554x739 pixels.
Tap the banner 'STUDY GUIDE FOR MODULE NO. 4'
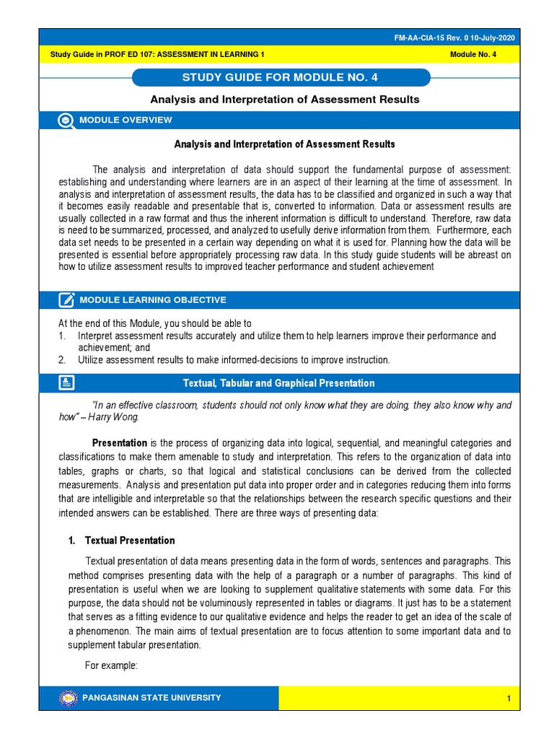pyautogui.click(x=282, y=78)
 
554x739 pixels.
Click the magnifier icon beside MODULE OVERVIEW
pyautogui.click(x=66, y=121)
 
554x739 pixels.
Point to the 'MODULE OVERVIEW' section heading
pyautogui.click(x=126, y=121)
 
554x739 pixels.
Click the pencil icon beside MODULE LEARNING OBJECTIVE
pyautogui.click(x=66, y=299)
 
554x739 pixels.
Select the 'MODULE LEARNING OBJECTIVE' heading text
pyautogui.click(x=152, y=299)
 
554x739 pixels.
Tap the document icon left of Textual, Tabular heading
pyautogui.click(x=66, y=383)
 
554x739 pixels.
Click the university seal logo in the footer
pyautogui.click(x=69, y=698)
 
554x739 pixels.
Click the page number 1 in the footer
pyautogui.click(x=508, y=699)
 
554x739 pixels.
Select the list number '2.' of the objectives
pyautogui.click(x=62, y=359)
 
